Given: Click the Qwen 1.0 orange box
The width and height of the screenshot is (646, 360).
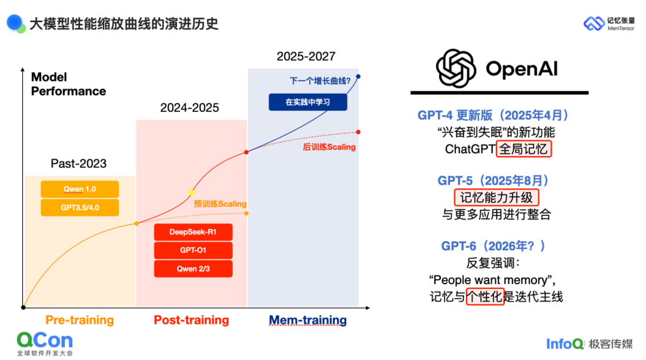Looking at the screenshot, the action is point(80,189).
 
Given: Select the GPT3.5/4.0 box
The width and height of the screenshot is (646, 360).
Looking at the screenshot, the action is point(80,208).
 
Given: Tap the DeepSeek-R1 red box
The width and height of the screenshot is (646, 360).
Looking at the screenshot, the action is point(193,232).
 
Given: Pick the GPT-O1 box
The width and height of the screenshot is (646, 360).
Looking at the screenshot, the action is point(193,251).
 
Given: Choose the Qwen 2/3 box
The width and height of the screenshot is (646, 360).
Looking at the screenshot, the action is point(193,269).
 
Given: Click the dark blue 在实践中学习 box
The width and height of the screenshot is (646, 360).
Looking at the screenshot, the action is point(308,102).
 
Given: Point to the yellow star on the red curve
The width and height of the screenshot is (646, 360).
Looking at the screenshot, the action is point(191,193).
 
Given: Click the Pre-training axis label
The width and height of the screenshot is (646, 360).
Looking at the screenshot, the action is point(80,320).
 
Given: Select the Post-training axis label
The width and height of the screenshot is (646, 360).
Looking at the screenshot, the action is point(191,320).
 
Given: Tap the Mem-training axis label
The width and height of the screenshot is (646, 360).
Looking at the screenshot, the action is point(308,320).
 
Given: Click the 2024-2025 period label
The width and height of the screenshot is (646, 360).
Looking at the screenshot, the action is point(190,108).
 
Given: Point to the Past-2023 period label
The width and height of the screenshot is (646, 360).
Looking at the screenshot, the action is point(79,163).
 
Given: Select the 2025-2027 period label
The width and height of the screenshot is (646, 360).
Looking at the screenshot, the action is point(306,56).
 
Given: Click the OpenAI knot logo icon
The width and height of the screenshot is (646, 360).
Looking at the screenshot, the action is point(456,69).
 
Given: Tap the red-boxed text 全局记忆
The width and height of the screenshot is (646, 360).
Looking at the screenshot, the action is point(523,149).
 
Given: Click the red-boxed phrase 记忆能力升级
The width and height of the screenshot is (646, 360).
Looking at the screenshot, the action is point(496,198).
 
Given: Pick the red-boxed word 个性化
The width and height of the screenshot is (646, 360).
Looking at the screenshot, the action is point(485,297).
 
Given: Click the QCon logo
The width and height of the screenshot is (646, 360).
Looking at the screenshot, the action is point(45,344).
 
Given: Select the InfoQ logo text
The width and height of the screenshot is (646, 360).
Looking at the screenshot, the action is point(565,344).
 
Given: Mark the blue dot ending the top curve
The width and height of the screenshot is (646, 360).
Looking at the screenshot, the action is point(358,77).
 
